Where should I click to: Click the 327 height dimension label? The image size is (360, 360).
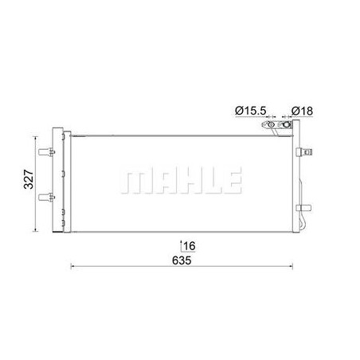coord(29,179)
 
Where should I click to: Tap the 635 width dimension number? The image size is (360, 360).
coord(182,260)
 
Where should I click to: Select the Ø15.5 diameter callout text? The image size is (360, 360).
coord(251,111)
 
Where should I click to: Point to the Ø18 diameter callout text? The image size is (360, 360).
coord(302,111)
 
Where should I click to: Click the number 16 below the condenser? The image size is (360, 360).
coord(190,246)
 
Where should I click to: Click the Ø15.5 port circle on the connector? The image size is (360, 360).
coord(271,125)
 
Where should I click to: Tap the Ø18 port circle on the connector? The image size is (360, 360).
coord(287,124)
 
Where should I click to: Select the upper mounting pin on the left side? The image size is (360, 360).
coord(46,152)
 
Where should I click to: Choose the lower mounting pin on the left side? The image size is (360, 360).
coord(46,198)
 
